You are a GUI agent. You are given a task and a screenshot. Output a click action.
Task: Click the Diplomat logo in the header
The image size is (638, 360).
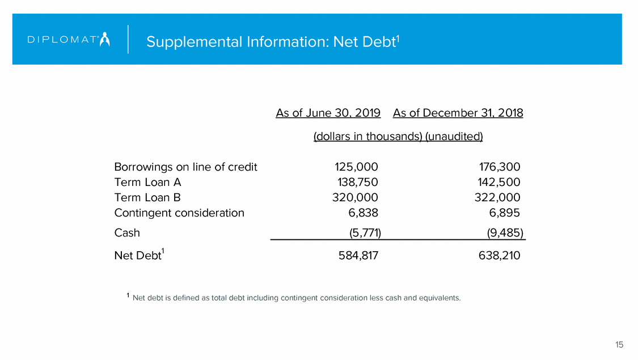pos(69,40)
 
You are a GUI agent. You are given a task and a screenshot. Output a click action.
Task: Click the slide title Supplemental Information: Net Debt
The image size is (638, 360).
pos(273,42)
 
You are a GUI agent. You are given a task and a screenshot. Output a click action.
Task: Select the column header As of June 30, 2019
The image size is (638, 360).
pos(328,113)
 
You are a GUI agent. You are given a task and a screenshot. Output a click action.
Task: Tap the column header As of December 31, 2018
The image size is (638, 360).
pos(458,113)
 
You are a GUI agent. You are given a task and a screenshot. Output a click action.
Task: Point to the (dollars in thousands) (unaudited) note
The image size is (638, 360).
pos(398,137)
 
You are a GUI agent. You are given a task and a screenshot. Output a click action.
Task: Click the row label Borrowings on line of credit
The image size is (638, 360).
pos(185,167)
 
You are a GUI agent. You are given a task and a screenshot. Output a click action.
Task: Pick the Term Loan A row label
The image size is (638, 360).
pos(147,183)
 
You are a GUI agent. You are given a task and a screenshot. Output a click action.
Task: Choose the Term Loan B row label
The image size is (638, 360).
pos(147,198)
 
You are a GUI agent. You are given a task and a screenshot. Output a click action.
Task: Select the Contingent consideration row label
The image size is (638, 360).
pos(179,213)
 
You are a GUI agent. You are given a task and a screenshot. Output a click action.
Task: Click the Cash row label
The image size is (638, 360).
pos(127,233)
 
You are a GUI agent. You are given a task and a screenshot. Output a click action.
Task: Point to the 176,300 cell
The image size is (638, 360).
pos(499,167)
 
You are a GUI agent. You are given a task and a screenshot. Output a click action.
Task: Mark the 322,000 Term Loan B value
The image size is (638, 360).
pos(497,198)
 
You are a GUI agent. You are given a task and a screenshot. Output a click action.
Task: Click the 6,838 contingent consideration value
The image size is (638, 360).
pos(364,213)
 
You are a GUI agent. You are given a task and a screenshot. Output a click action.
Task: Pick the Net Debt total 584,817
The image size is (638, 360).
pos(355,256)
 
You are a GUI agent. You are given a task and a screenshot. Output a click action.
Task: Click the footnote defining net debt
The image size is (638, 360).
pos(295,298)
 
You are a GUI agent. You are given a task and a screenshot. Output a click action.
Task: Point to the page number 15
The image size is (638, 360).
pos(619,345)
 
